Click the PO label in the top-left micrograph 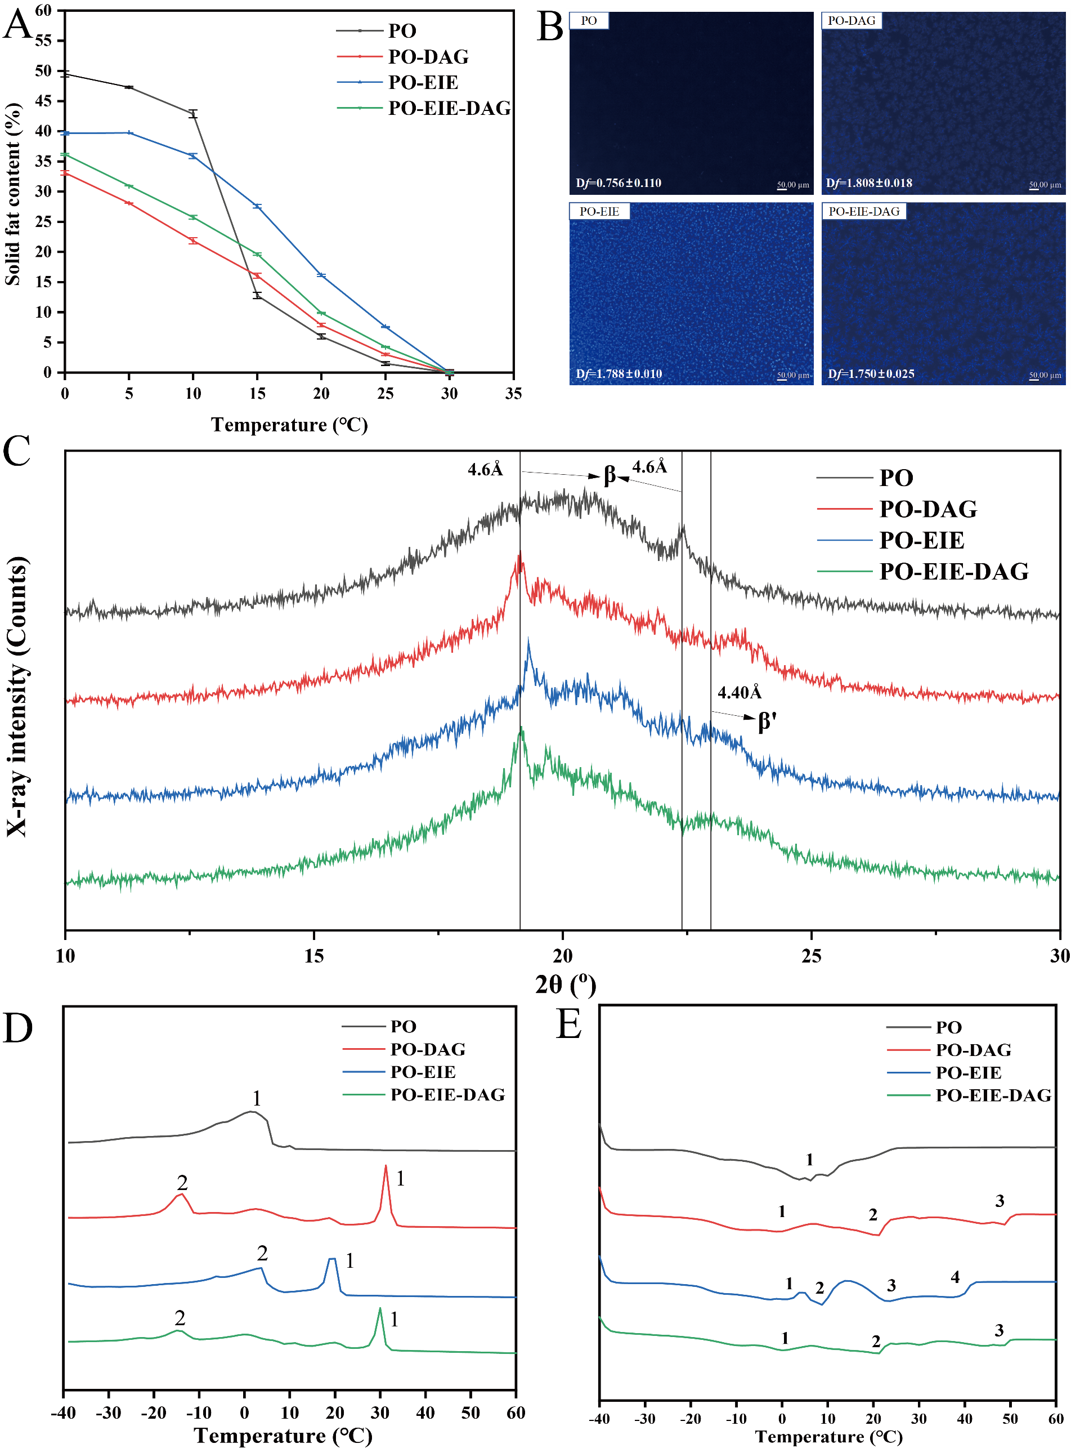pyautogui.click(x=589, y=21)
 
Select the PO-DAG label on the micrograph pyautogui.click(x=851, y=21)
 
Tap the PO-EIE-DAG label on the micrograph pyautogui.click(x=863, y=212)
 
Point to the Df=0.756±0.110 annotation pyautogui.click(x=619, y=183)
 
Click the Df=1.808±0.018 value pyautogui.click(x=869, y=183)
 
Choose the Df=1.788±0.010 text pyautogui.click(x=619, y=373)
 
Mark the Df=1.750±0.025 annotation pyautogui.click(x=871, y=373)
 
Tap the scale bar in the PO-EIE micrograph pyautogui.click(x=782, y=379)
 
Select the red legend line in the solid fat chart pyautogui.click(x=360, y=56)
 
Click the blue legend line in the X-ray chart pyautogui.click(x=844, y=540)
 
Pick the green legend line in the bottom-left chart pyautogui.click(x=364, y=1094)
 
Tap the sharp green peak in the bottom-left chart pyautogui.click(x=380, y=1308)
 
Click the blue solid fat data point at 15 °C pyautogui.click(x=257, y=206)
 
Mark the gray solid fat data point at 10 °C pyautogui.click(x=193, y=114)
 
